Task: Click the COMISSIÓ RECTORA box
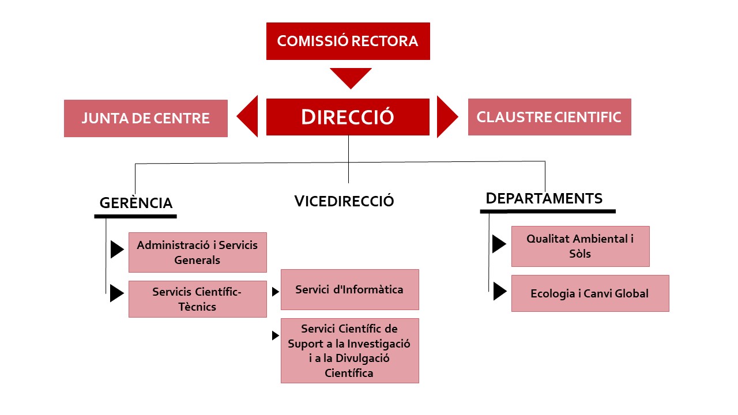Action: tap(348, 41)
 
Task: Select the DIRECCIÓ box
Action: tap(348, 117)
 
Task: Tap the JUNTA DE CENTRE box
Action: tap(146, 118)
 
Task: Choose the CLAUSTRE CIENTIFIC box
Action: tap(549, 117)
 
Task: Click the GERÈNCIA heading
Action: tap(136, 203)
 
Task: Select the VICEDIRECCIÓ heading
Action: tap(344, 201)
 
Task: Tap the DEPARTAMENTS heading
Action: tap(544, 198)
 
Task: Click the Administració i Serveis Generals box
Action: tap(198, 252)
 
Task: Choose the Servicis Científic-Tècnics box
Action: tap(198, 299)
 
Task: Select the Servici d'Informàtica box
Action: tap(350, 289)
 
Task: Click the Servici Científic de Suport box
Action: tap(350, 350)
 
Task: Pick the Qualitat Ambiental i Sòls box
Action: tap(581, 246)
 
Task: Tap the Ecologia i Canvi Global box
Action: tap(590, 293)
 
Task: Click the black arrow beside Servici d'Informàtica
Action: tap(276, 292)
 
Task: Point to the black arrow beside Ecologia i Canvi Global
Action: tap(500, 291)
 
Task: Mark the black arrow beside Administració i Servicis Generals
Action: tap(117, 250)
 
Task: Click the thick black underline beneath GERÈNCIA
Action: tap(135, 216)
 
